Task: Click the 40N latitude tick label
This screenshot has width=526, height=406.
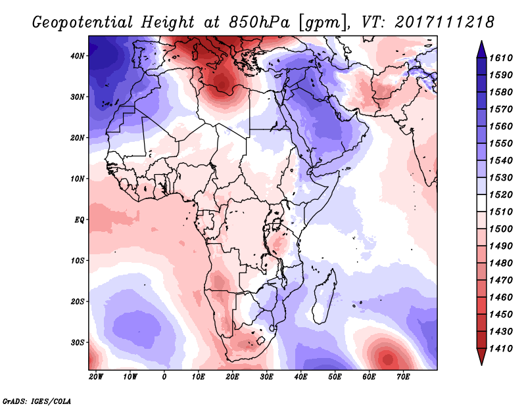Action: pos(78,56)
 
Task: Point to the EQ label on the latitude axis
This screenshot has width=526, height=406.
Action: pos(79,219)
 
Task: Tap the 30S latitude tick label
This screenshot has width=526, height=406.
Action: pos(78,342)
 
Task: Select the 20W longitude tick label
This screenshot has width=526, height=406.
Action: pos(95,377)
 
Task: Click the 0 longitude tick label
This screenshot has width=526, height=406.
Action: pos(164,377)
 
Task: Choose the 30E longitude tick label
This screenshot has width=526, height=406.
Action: pos(266,377)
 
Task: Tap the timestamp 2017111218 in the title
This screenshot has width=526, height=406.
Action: pos(445,22)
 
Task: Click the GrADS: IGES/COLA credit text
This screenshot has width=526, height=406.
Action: pos(36,399)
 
